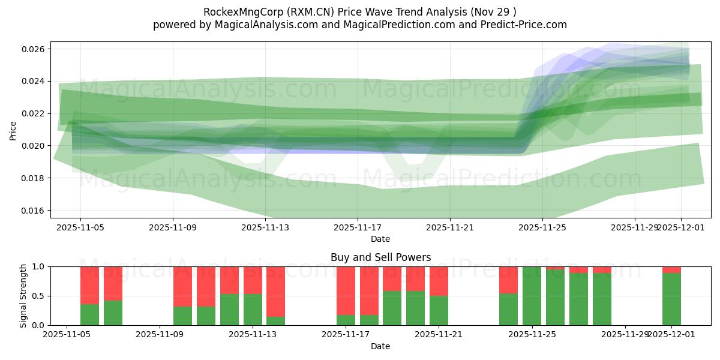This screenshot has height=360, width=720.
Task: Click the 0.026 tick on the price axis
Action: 35,49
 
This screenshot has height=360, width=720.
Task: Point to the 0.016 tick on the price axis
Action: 35,211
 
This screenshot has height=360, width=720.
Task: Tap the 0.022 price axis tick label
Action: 35,113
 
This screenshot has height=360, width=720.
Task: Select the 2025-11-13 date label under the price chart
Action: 265,228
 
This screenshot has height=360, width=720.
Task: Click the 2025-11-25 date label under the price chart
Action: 542,228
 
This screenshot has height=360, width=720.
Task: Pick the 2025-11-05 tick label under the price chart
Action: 81,228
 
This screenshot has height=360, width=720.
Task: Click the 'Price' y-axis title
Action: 13,130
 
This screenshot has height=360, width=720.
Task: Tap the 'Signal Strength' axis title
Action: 23,296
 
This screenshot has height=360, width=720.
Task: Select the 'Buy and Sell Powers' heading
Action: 380,257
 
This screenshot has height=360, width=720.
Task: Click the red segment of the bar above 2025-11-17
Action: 346,290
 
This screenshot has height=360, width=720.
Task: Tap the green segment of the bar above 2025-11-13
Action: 253,310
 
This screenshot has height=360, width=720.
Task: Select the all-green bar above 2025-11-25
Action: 532,296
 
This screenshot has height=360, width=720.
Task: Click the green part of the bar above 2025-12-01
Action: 671,299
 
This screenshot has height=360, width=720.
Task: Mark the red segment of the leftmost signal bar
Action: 89,285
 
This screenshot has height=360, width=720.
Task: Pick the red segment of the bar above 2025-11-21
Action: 439,281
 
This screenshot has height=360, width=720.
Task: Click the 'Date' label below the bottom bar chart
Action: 380,346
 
